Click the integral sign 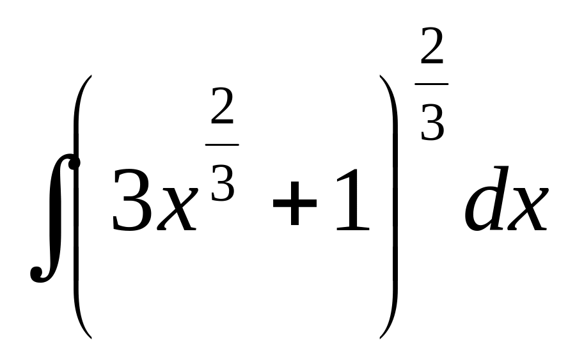(x=54, y=217)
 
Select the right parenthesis (x=392, y=205)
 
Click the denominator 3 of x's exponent (x=222, y=182)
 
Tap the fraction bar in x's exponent (x=221, y=145)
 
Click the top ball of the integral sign (x=74, y=164)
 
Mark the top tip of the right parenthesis (x=383, y=77)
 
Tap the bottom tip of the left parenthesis (x=90, y=336)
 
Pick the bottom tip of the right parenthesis (x=383, y=336)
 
